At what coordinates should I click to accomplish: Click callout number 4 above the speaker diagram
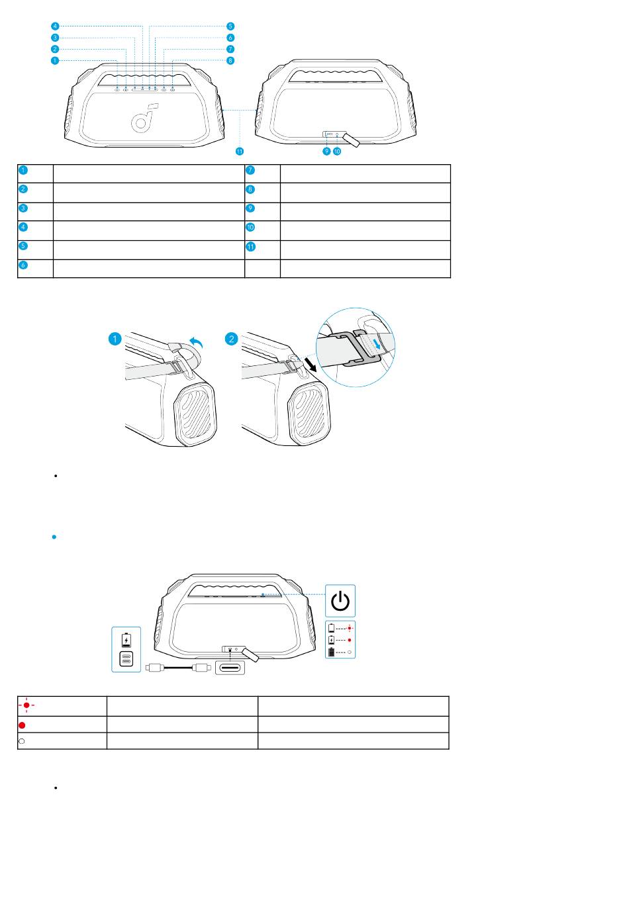(56, 26)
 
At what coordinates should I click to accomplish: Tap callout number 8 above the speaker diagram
(230, 61)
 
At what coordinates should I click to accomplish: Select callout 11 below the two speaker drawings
(240, 152)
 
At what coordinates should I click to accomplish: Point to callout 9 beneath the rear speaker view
(326, 152)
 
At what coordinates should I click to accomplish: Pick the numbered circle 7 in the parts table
(250, 170)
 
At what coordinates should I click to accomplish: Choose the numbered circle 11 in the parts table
(250, 247)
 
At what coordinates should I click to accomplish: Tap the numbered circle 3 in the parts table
(23, 208)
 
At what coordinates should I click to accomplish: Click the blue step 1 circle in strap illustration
(115, 339)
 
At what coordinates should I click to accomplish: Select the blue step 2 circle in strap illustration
(231, 339)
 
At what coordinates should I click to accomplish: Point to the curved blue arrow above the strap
(196, 342)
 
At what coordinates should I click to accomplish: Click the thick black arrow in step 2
(311, 365)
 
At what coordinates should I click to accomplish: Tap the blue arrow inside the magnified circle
(376, 343)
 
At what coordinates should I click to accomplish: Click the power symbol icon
(340, 601)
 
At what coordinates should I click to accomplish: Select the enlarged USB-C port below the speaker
(230, 668)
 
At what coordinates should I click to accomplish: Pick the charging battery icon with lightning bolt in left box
(126, 640)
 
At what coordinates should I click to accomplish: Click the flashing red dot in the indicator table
(26, 705)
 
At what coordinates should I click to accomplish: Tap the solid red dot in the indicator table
(22, 725)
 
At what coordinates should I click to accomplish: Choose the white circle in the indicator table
(22, 741)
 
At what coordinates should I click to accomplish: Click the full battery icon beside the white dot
(331, 652)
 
